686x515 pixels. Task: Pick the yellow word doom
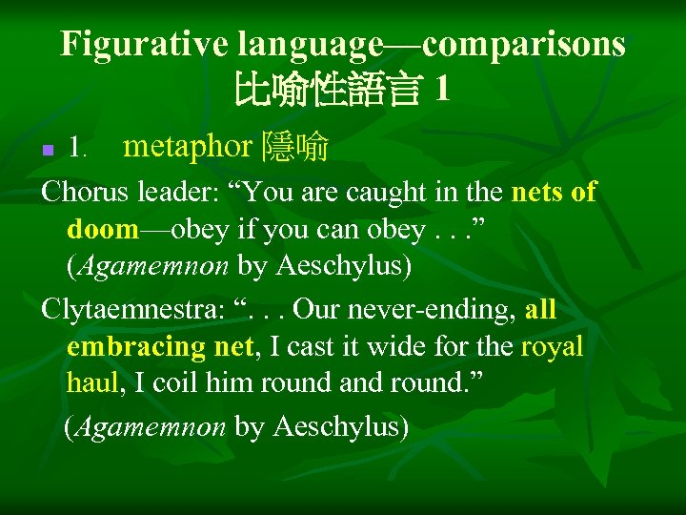(x=103, y=229)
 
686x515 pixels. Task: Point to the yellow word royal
(x=552, y=347)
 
